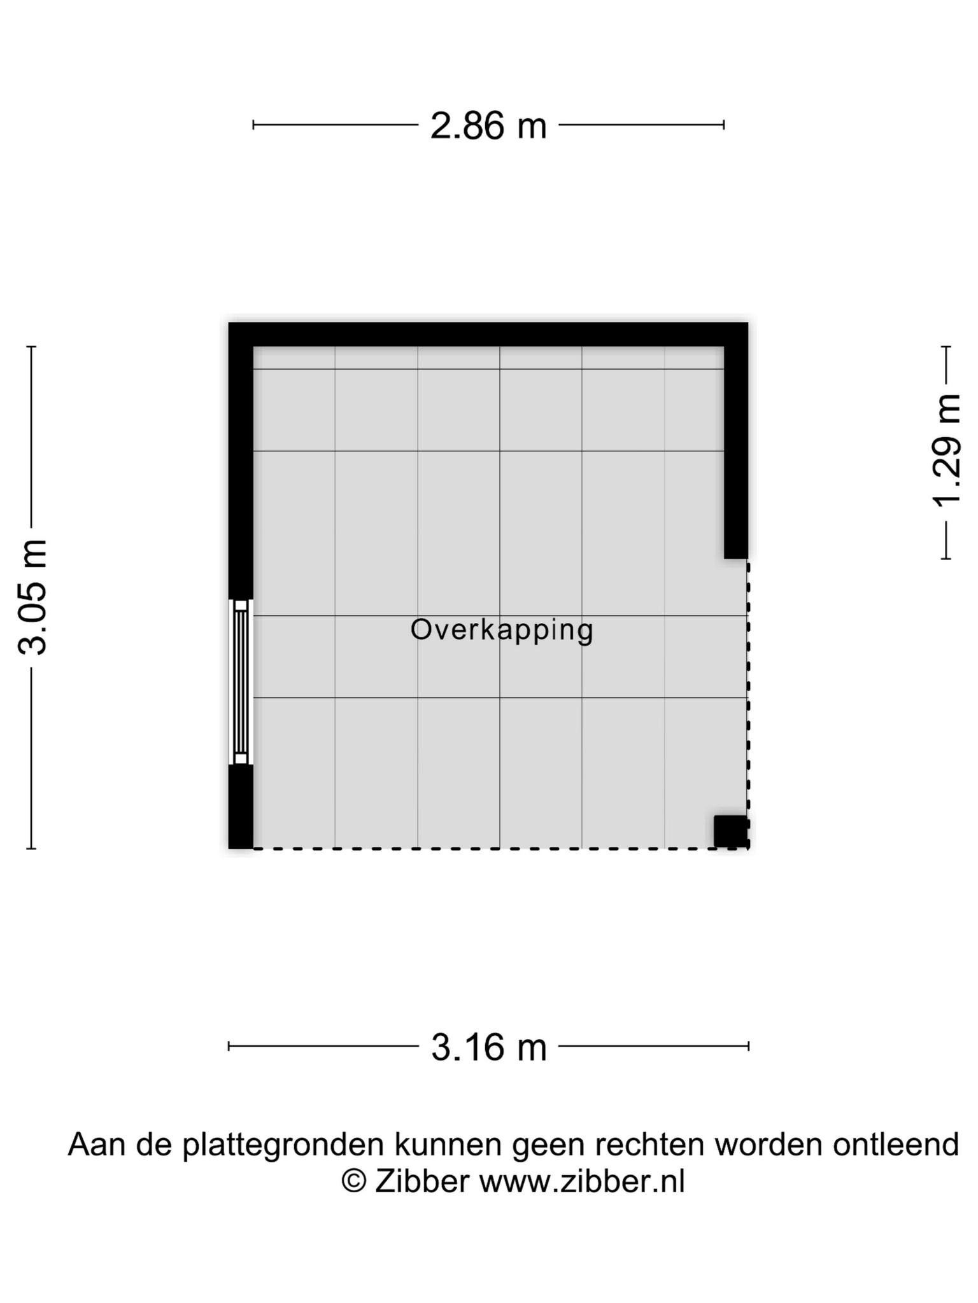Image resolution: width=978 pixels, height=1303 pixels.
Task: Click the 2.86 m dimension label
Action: [488, 125]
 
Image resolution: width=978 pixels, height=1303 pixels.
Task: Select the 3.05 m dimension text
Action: [32, 597]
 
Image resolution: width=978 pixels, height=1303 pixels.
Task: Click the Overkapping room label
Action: [502, 630]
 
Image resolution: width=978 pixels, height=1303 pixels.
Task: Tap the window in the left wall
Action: [241, 681]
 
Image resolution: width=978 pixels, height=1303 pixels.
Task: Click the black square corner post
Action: [730, 832]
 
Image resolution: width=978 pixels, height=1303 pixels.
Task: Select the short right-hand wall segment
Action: [736, 452]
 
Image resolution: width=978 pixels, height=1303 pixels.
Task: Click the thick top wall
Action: [488, 335]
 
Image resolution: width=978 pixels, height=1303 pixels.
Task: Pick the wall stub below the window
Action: [241, 807]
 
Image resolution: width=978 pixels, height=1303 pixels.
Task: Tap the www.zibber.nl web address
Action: [582, 1181]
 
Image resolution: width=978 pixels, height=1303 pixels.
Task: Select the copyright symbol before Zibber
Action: [354, 1181]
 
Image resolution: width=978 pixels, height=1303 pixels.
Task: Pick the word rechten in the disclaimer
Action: [650, 1145]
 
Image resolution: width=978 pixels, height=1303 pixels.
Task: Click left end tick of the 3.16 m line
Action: [229, 1046]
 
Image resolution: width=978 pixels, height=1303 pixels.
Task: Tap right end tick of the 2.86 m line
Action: [724, 125]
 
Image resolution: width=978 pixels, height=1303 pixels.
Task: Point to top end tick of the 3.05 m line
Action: [31, 347]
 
